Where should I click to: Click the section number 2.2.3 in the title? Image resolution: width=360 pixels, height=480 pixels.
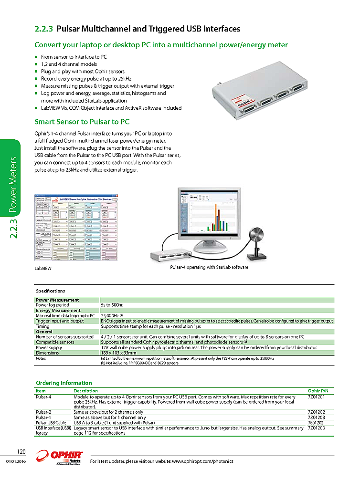[x=44, y=29]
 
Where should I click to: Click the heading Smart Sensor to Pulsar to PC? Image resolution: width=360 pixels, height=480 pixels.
[x=82, y=122]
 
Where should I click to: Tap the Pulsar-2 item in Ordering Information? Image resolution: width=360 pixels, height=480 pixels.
[x=43, y=412]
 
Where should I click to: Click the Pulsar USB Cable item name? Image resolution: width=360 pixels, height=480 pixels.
[x=51, y=423]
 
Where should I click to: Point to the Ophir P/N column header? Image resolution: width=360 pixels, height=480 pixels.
[x=318, y=391]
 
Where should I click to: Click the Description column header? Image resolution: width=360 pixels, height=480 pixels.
[x=85, y=391]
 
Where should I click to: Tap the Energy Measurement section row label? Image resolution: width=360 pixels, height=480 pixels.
[x=58, y=310]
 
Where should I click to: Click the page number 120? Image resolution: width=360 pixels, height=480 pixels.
[x=21, y=451]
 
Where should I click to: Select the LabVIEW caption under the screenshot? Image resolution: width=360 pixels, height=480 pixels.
[x=42, y=269]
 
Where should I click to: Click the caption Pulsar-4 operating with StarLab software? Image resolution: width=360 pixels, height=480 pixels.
[x=209, y=267]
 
